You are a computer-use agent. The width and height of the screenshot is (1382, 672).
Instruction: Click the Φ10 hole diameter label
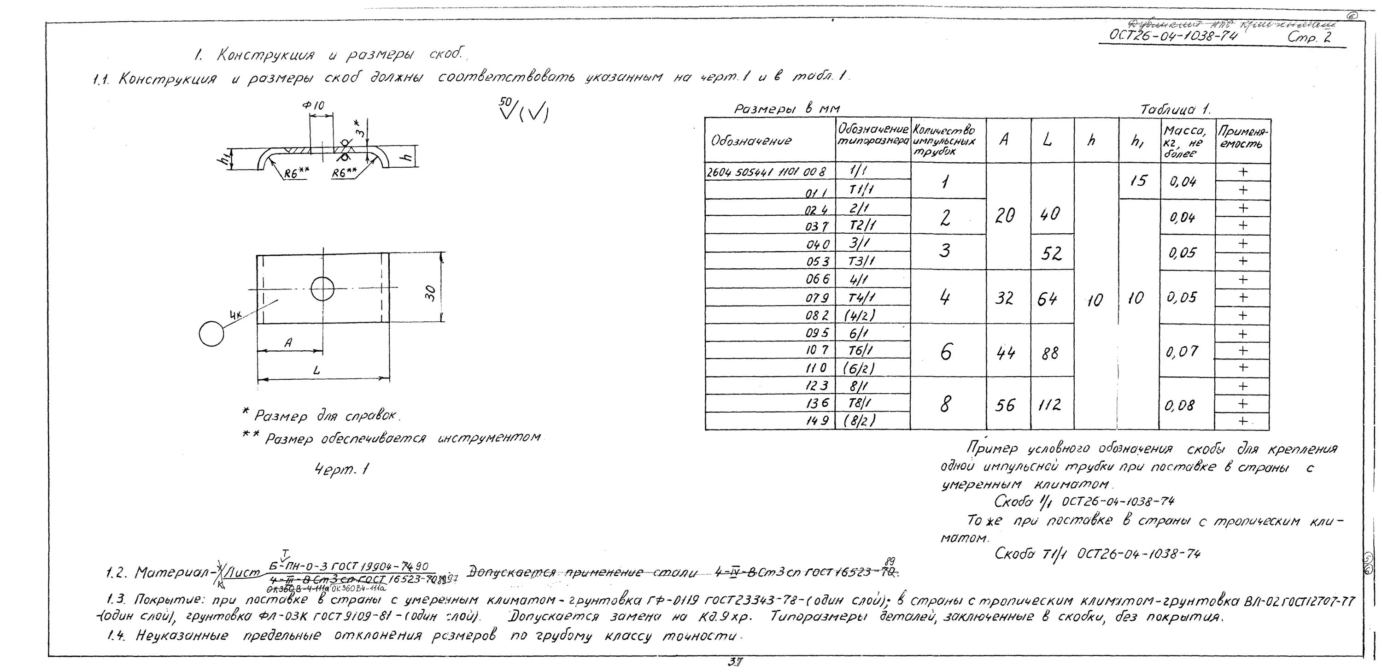[x=313, y=106]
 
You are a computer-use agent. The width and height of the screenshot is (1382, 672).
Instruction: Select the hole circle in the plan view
[x=322, y=289]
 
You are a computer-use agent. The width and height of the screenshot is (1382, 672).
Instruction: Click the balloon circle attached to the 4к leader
[x=211, y=334]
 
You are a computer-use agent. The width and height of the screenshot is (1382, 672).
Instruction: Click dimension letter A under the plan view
[x=288, y=343]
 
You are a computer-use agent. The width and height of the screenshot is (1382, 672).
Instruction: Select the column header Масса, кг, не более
[x=1186, y=141]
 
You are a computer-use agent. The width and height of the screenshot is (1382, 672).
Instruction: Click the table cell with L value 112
[x=1050, y=405]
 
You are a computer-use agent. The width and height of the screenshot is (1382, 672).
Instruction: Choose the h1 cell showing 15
[x=1138, y=180]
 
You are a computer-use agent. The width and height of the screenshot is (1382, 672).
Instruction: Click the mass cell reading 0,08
[x=1180, y=405]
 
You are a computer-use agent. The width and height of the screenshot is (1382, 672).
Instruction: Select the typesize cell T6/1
[x=860, y=350]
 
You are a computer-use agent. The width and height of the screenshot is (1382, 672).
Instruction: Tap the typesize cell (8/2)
[x=860, y=421]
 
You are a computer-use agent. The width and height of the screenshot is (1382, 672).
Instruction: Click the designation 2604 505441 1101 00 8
[x=766, y=172]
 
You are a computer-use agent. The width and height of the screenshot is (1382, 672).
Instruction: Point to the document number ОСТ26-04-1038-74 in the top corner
[x=1173, y=35]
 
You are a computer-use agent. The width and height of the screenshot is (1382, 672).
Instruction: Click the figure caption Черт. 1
[x=342, y=470]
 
